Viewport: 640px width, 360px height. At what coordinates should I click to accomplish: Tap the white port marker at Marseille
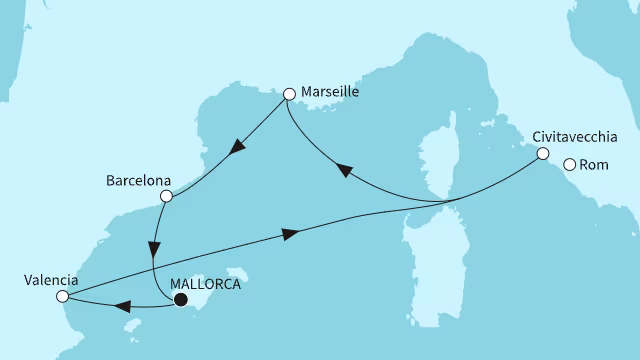pos(289,95)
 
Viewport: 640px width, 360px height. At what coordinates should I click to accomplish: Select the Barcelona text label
pos(136,182)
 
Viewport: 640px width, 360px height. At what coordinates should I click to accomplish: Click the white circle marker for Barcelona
pos(167,196)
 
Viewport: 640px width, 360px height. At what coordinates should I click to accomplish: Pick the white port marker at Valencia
pos(63,296)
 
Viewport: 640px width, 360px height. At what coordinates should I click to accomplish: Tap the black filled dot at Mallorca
pos(181,298)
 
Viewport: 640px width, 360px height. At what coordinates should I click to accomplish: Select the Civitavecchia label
pos(575,137)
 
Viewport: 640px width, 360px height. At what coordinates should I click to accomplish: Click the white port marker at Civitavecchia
pos(542,154)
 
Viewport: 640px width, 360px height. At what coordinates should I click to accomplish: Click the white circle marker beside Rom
pos(570,166)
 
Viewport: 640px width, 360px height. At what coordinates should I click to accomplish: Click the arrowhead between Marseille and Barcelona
pos(237,150)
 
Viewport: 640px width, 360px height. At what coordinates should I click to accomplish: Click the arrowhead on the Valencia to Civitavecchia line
pos(291,233)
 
